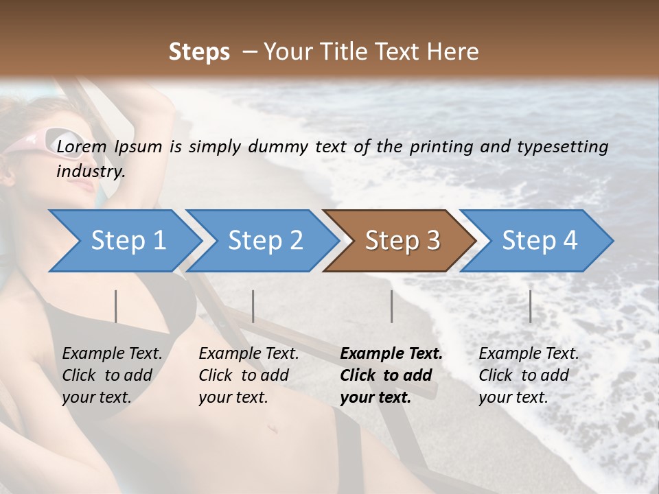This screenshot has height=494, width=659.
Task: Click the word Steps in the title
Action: pos(199,52)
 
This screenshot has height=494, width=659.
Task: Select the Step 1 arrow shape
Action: pos(128,241)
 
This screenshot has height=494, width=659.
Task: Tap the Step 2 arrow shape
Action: pos(265,241)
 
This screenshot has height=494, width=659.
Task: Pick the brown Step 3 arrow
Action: pos(402,241)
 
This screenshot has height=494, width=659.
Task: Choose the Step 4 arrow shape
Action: pos(540,241)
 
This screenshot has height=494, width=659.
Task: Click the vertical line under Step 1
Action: pos(115,306)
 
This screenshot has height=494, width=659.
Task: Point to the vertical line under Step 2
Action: pos(253,306)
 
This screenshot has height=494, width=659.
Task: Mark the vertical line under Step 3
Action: pos(391,306)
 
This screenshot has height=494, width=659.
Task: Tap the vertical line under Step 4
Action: pos(530,306)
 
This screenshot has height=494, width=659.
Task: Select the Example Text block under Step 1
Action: pos(112,375)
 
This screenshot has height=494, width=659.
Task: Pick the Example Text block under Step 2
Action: pos(248,375)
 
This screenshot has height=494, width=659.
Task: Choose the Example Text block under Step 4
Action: pos(529,375)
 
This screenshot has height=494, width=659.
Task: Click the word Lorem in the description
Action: pos(82,146)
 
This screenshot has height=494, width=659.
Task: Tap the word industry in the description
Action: pos(91,171)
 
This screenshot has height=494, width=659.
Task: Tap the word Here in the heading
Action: pos(452,52)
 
